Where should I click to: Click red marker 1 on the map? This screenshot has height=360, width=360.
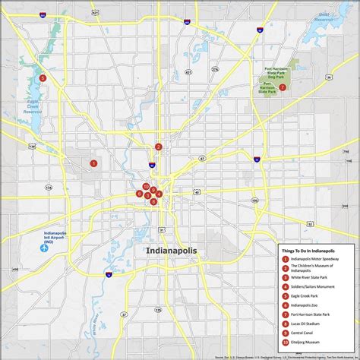(x=93, y=163)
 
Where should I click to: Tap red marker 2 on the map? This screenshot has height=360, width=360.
(x=158, y=147)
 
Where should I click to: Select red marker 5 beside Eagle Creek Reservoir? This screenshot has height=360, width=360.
(x=43, y=77)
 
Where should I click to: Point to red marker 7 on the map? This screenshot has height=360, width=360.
(x=283, y=87)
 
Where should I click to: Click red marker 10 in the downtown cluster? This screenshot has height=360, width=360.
(x=146, y=186)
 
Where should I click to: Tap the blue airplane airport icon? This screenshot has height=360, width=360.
(x=43, y=248)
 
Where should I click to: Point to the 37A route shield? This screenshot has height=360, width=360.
(x=214, y=69)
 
